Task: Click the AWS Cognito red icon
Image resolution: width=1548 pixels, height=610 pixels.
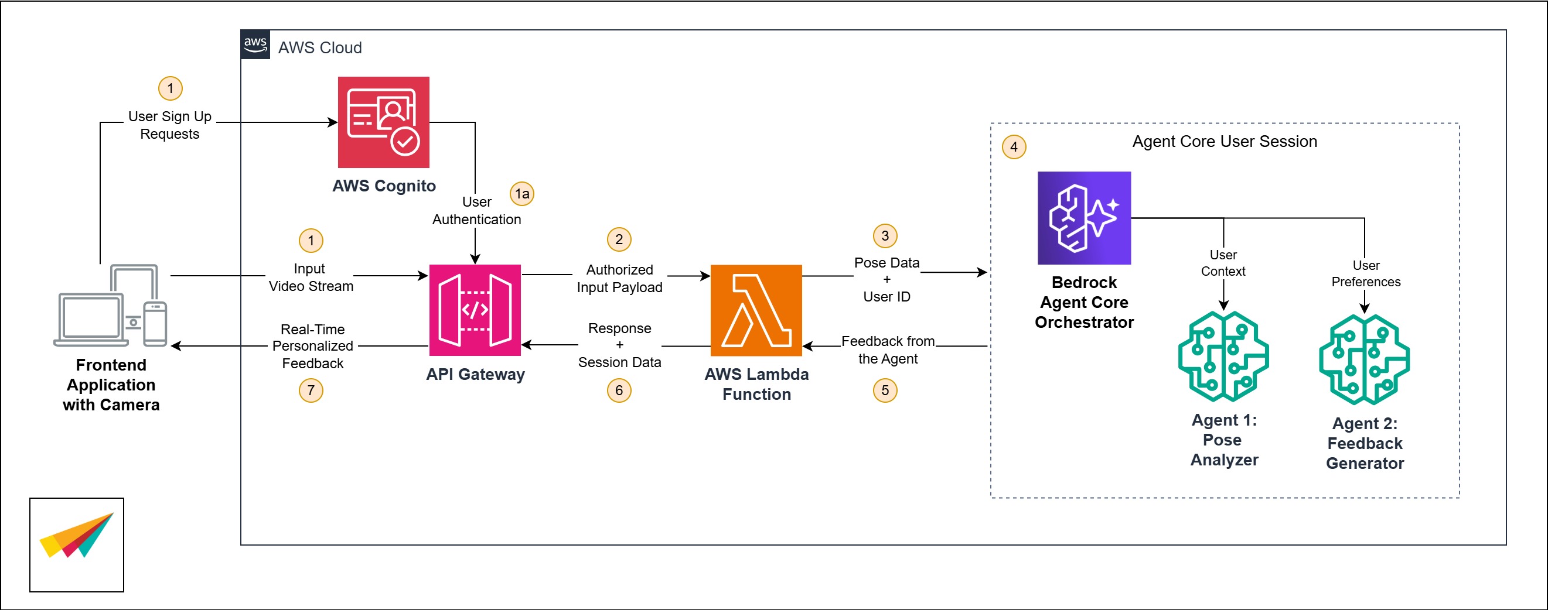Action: [383, 122]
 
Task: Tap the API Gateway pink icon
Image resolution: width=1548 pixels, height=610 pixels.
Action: [475, 310]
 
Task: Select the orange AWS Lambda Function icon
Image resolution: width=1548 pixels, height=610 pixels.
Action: [756, 310]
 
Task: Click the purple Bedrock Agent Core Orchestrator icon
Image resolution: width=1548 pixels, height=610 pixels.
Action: [1084, 218]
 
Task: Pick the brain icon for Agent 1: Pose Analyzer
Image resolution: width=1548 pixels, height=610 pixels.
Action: [1223, 356]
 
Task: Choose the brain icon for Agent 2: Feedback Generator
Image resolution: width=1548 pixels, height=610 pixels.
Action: [1364, 359]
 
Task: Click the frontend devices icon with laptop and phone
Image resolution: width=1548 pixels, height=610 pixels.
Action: [111, 306]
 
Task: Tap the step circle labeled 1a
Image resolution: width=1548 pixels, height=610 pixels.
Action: [521, 194]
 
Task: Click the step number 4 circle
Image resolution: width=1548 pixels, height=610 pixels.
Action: [1014, 147]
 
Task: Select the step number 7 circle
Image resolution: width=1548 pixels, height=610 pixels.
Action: [311, 390]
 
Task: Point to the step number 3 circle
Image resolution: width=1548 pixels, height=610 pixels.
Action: [885, 236]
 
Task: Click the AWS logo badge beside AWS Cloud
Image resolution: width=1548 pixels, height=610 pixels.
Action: [255, 44]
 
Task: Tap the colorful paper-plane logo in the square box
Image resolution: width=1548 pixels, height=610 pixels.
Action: [77, 536]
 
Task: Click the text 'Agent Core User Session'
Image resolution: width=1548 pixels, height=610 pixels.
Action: [1225, 142]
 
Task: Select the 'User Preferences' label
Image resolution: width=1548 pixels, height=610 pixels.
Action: [1365, 274]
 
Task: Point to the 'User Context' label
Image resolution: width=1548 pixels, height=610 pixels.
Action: [1223, 263]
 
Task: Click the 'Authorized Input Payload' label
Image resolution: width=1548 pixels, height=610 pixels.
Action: [619, 279]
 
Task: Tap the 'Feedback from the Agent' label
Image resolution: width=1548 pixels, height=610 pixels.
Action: [888, 350]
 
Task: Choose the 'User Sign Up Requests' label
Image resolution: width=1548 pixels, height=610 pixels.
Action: [170, 125]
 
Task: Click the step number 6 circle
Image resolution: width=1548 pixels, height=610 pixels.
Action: [619, 390]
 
